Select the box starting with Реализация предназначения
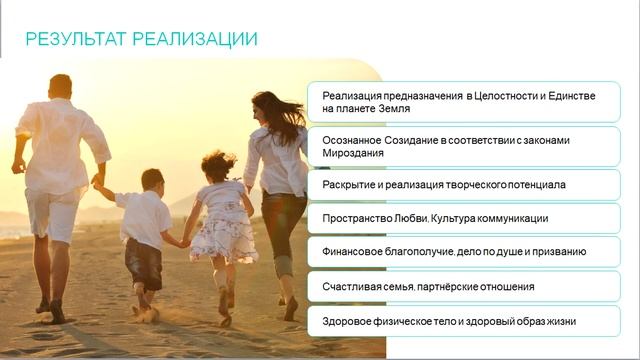tap(463, 101)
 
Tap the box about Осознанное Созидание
tap(463, 146)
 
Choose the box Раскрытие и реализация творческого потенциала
tap(463, 185)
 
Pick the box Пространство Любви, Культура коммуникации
tap(463, 218)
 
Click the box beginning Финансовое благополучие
tap(463, 252)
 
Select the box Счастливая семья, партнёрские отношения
tap(463, 286)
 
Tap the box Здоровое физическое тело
tap(463, 321)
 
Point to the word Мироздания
tap(354, 153)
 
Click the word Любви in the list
tap(395, 218)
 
